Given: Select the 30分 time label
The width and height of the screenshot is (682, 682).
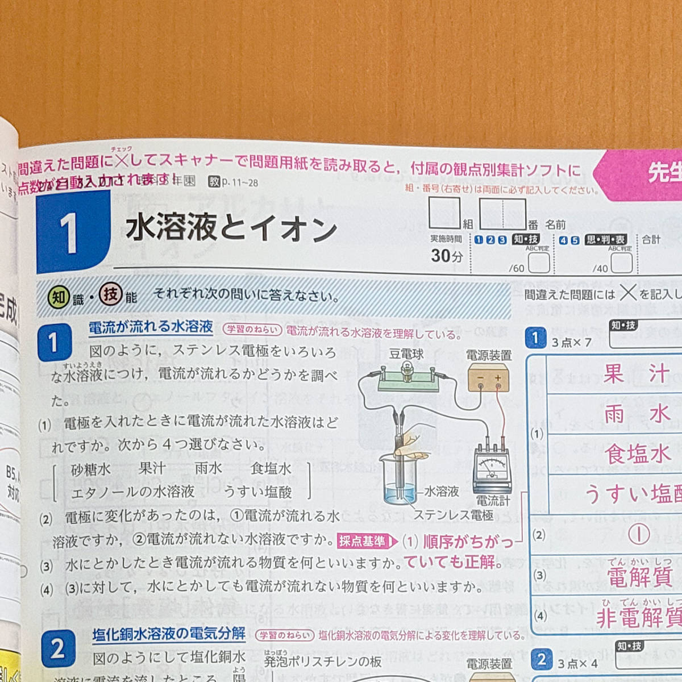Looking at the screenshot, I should (447, 256).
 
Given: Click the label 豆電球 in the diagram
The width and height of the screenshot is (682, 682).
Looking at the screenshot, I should (406, 354).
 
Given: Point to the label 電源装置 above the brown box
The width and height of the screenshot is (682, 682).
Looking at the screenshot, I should (489, 356).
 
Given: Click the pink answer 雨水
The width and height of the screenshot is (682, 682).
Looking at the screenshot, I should (637, 414).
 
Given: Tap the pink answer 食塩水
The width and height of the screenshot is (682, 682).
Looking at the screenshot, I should (637, 455).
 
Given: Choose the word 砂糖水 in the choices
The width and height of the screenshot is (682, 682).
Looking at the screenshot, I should (91, 469).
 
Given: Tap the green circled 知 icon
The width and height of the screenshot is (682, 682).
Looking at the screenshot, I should (58, 297).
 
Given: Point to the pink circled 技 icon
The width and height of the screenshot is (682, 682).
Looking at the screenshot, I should (111, 295).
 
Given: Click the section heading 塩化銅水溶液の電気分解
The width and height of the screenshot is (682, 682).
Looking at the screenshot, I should (169, 634).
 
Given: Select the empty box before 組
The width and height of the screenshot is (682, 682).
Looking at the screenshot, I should (444, 214).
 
